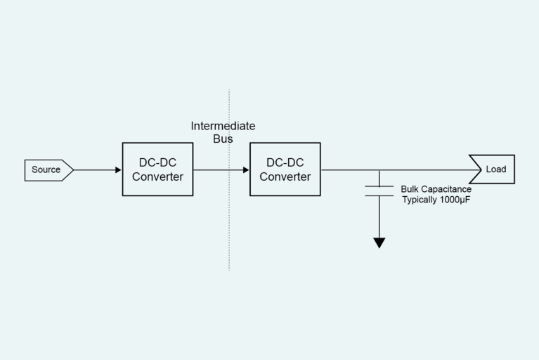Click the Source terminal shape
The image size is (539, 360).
pos(48,170)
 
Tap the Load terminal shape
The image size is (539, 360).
pos(493,169)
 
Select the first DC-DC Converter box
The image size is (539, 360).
pos(157,169)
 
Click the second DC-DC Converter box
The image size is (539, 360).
pos(285,169)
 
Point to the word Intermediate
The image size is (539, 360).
pos(223,127)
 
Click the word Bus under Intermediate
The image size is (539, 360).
pos(223,139)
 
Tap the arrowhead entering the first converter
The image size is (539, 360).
pos(118,170)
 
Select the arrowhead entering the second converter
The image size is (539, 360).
pos(246,170)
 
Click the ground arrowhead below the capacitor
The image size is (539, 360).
pos(379,243)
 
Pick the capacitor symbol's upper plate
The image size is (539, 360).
pos(379,186)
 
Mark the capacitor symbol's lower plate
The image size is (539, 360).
pos(379,196)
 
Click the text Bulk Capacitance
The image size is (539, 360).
pos(436,189)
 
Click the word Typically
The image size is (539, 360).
pos(419,200)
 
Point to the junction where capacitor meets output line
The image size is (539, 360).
pos(379,170)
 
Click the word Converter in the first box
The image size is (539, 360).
pos(157,176)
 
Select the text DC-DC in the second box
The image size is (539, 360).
pos(285,163)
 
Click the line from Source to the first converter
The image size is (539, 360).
pos(95,170)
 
